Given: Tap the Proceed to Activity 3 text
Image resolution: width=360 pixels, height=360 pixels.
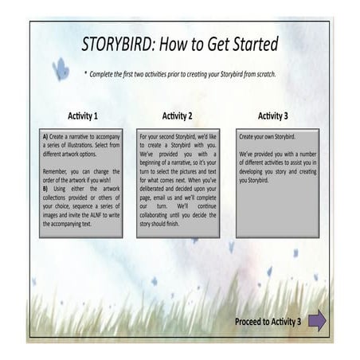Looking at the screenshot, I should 268,322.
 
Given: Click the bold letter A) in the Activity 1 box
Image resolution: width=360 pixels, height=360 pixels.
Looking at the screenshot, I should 46,137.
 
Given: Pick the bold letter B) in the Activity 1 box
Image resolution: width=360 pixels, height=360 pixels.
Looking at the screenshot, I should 46,186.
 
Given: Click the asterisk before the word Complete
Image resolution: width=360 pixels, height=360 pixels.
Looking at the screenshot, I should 86,74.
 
